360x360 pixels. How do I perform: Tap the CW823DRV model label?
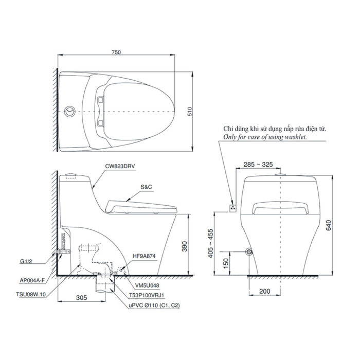click(120, 167)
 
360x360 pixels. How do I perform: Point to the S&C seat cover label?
click(146, 188)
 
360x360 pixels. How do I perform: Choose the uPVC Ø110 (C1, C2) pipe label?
click(154, 305)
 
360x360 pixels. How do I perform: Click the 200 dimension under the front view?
click(264, 292)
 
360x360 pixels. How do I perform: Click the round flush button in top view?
click(70, 111)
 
